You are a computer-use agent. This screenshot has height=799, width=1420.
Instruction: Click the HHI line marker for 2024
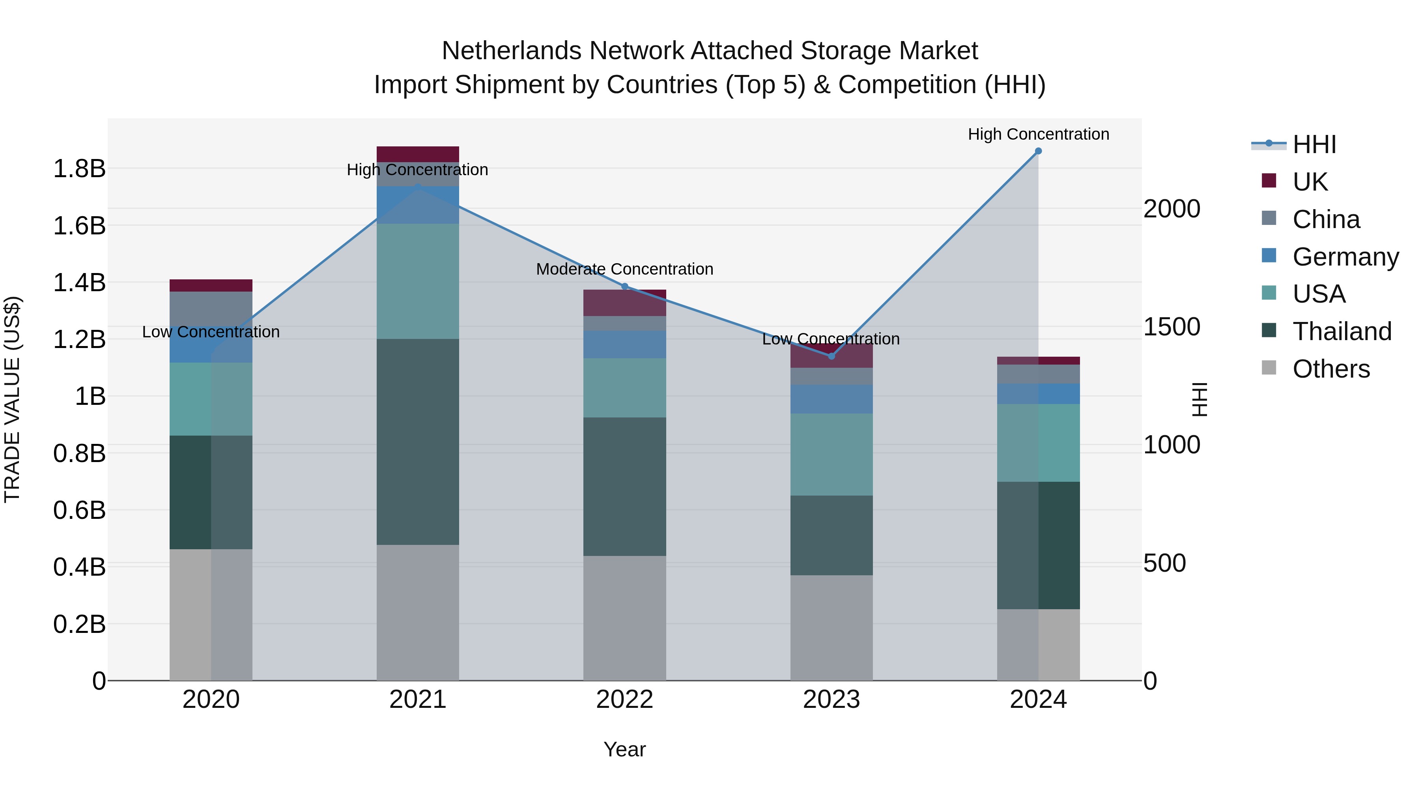(1038, 151)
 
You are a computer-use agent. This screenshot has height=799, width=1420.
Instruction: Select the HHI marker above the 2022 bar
(624, 286)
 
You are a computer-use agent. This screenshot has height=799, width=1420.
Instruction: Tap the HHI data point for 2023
(831, 356)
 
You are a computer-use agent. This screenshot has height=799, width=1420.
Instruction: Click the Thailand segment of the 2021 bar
(417, 441)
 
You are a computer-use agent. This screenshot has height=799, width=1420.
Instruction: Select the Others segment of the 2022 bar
(624, 617)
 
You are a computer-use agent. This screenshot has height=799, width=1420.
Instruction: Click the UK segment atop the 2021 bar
(417, 154)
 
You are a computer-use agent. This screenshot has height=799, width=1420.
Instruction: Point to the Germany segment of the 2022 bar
(624, 344)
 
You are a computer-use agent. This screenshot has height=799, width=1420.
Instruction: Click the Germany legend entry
(1345, 257)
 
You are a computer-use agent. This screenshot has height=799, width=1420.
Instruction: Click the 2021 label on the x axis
(417, 700)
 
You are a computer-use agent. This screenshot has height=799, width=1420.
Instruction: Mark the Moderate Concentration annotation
(624, 269)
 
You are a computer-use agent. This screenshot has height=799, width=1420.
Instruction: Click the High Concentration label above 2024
(1038, 134)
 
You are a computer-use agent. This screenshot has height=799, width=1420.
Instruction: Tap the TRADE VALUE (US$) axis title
(12, 399)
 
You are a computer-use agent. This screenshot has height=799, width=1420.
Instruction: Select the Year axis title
(624, 749)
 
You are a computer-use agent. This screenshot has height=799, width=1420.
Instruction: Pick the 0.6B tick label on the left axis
(79, 511)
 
